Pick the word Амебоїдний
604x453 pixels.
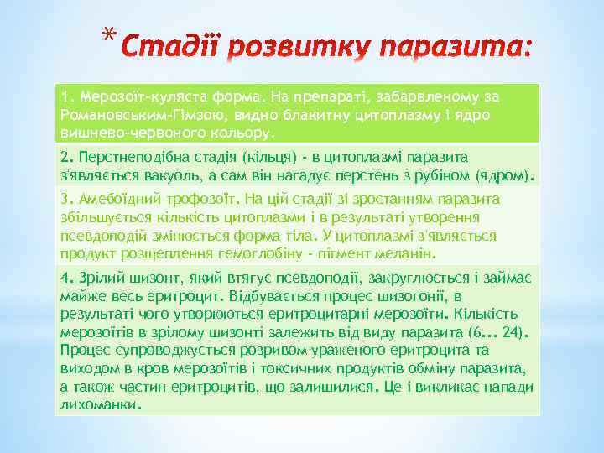point(115,199)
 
